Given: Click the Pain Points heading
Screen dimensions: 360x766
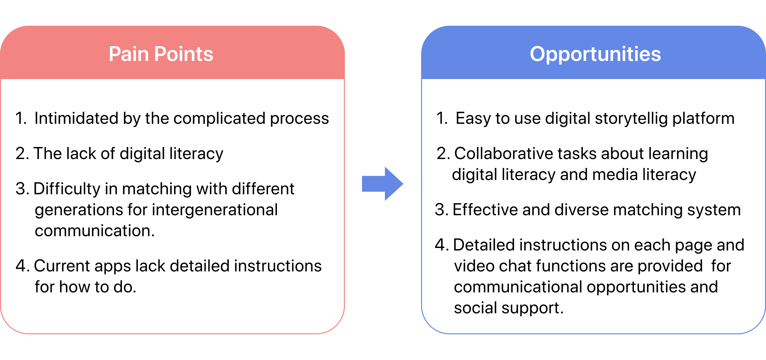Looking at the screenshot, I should (x=161, y=54).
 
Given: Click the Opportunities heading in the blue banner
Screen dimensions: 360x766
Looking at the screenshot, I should (x=595, y=54).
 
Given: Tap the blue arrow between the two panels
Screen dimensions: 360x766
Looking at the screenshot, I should (x=382, y=184).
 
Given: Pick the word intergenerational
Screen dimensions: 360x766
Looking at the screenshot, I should (x=215, y=210).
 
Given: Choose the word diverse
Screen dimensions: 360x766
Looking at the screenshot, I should (x=581, y=210).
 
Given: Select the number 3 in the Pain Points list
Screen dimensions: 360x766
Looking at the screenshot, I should (x=20, y=189).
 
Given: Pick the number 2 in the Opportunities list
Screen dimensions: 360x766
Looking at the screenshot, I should (x=442, y=154).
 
